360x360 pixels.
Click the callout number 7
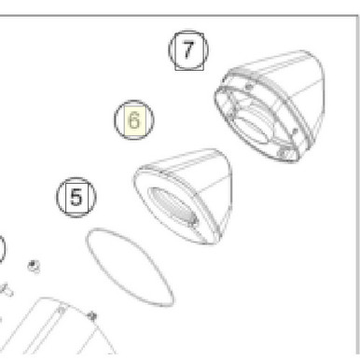189,50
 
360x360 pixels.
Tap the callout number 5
76,197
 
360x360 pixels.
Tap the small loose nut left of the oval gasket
34,267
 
